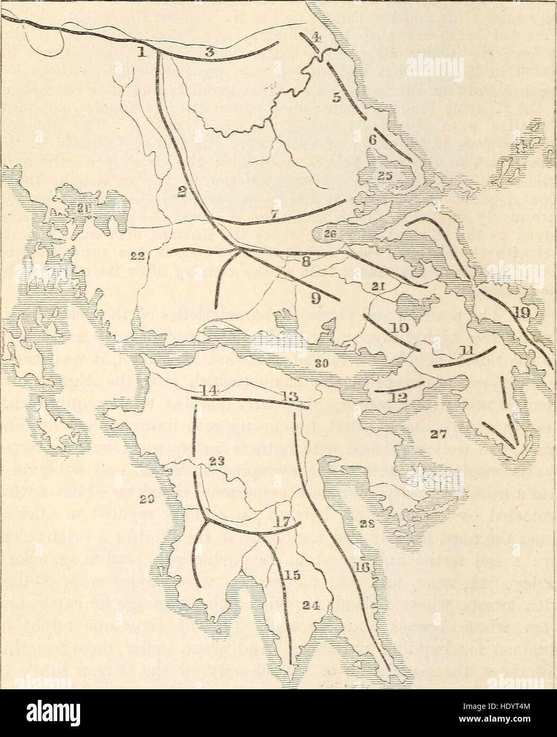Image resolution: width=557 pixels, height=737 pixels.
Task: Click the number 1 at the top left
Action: [x=141, y=52]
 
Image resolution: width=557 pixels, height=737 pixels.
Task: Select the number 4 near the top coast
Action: [x=316, y=37]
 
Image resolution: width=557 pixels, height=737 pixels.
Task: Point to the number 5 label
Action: [x=335, y=98]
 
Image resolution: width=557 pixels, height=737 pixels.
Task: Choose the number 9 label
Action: [x=315, y=299]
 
